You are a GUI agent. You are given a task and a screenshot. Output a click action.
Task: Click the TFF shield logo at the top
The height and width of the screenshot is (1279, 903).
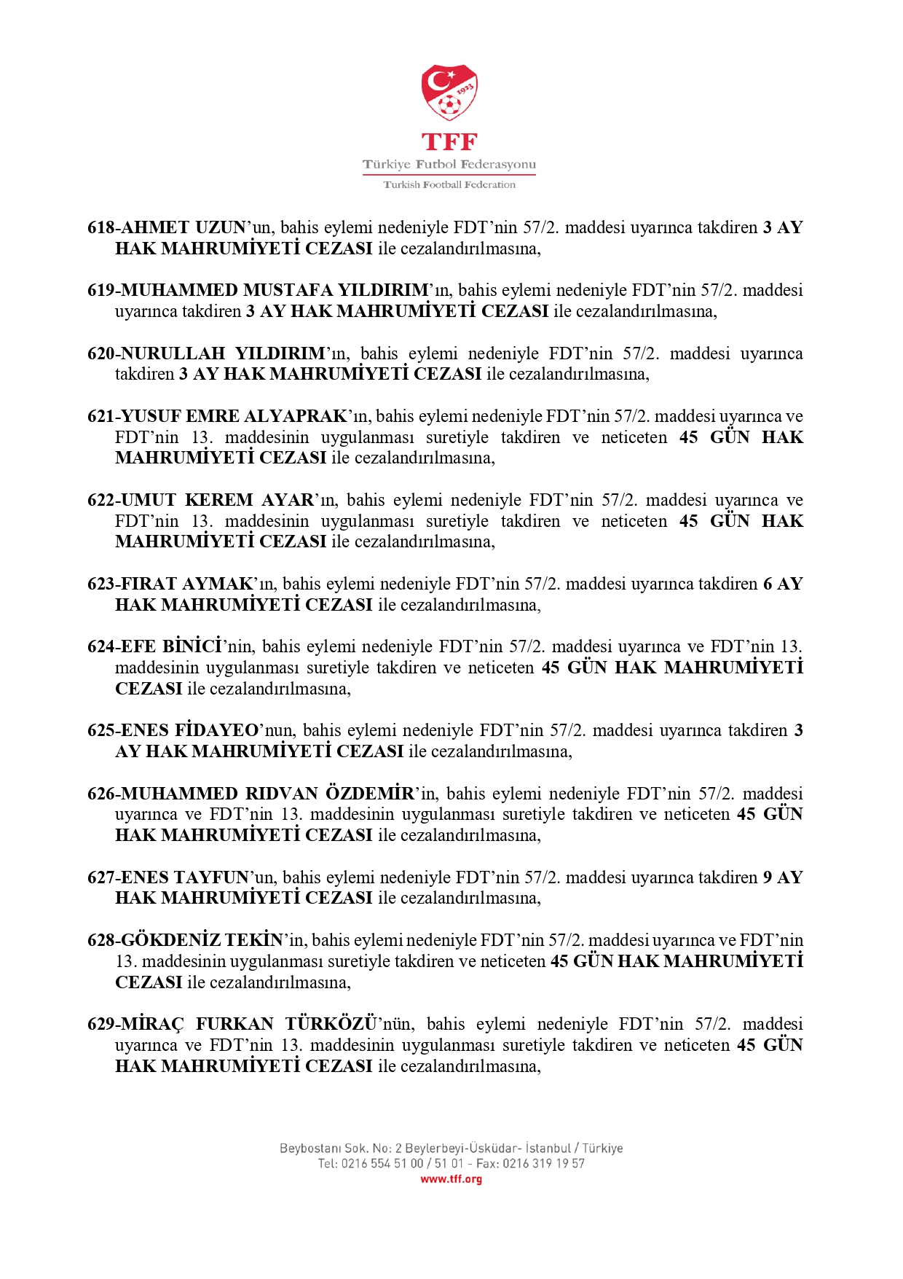pyautogui.click(x=449, y=93)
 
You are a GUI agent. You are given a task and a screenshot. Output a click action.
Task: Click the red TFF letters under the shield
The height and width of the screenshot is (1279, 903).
pyautogui.click(x=449, y=142)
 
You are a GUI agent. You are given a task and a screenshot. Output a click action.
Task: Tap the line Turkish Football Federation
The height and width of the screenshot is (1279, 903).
pyautogui.click(x=449, y=185)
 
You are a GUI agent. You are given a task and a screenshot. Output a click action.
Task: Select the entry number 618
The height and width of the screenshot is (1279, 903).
pyautogui.click(x=100, y=228)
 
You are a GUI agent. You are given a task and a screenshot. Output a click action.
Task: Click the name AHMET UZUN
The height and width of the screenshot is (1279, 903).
pyautogui.click(x=183, y=228)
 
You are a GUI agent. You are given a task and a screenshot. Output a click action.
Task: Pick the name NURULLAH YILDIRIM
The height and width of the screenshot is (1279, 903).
pyautogui.click(x=223, y=354)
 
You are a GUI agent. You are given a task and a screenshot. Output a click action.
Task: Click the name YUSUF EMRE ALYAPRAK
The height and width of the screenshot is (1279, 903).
pyautogui.click(x=234, y=417)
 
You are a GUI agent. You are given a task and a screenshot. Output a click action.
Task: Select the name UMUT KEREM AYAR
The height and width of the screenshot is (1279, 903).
pyautogui.click(x=217, y=501)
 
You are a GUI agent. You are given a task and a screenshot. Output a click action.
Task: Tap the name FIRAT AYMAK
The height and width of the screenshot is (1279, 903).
pyautogui.click(x=186, y=584)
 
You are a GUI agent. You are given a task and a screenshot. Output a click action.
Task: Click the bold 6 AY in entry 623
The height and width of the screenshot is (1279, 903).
pyautogui.click(x=783, y=584)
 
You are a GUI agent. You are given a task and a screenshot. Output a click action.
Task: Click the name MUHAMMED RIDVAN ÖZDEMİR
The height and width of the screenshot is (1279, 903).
pyautogui.click(x=267, y=794)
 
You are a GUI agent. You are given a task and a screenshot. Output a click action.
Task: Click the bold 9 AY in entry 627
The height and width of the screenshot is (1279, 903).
pyautogui.click(x=783, y=878)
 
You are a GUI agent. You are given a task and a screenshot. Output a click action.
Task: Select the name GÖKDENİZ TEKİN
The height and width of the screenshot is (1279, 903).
pyautogui.click(x=202, y=941)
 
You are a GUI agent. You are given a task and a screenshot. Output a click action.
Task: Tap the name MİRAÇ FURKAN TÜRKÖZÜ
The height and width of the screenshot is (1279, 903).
pyautogui.click(x=248, y=1025)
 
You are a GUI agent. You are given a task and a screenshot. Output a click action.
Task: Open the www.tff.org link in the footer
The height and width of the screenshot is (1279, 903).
pyautogui.click(x=451, y=1179)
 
